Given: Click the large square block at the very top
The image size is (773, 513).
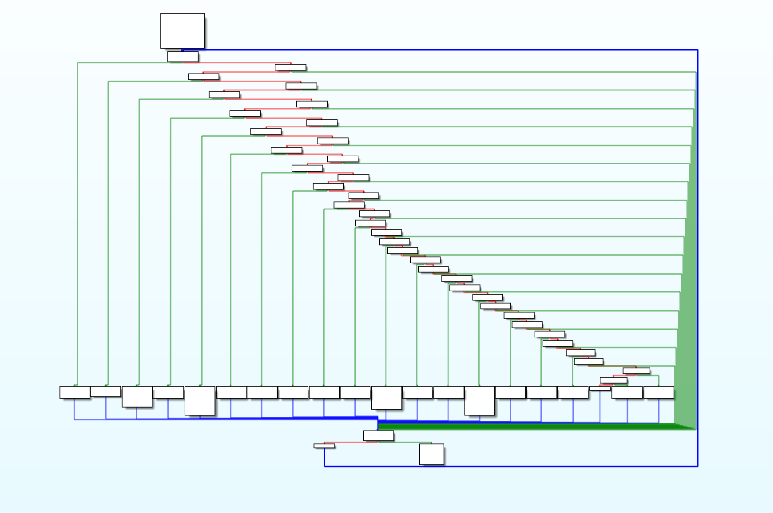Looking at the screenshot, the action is [x=182, y=30].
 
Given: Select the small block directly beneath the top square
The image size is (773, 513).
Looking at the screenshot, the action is [x=183, y=57].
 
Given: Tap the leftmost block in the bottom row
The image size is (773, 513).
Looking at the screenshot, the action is [x=74, y=392].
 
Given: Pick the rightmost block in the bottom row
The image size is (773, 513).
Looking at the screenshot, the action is [x=658, y=392].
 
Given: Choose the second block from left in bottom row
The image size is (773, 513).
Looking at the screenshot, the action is [x=106, y=391].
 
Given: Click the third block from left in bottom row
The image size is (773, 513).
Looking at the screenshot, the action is [x=137, y=397].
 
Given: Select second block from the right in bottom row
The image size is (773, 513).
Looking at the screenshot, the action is [x=627, y=392].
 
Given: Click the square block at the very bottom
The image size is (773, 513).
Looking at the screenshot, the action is [x=432, y=454].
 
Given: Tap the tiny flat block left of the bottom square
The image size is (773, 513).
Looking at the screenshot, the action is [x=324, y=446].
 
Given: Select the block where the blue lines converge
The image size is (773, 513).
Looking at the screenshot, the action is [x=378, y=435].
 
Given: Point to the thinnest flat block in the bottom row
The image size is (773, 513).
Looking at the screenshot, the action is [x=600, y=389].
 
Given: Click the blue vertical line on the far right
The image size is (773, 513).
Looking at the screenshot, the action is [x=697, y=267].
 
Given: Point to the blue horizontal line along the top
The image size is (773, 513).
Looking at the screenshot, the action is [x=446, y=50].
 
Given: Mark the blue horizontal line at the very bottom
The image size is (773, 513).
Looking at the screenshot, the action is [x=513, y=466].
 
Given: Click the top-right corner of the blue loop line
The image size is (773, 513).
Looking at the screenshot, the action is [x=697, y=50].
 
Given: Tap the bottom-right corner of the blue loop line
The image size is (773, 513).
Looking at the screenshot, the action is [x=697, y=466].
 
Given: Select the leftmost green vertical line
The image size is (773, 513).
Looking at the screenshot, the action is [x=78, y=223].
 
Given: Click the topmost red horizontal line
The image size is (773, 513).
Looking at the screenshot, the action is [x=236, y=63].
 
